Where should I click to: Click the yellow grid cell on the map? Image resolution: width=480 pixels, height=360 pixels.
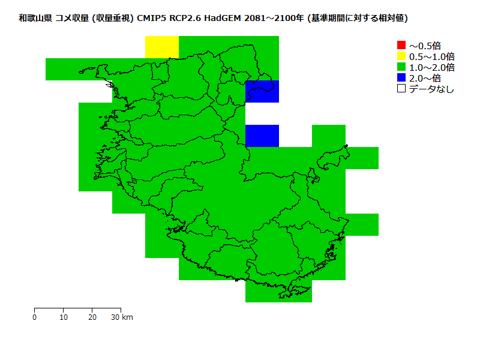162,47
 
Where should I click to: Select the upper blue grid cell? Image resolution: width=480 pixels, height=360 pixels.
262,91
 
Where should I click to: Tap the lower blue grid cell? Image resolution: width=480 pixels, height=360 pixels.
262,136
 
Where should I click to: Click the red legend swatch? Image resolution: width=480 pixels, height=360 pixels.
401,46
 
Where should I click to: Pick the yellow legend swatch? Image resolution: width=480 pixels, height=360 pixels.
401,56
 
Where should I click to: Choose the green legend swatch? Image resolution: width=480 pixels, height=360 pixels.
401,67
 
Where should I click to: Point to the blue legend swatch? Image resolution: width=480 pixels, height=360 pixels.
401,78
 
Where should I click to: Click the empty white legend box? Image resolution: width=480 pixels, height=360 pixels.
401,89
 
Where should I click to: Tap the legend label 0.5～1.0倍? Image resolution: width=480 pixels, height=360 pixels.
431,56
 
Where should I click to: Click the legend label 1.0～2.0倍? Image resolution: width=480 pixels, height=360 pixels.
431,67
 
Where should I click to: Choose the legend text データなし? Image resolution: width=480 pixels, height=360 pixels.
431,89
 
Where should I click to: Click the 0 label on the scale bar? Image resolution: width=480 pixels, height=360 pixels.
35,317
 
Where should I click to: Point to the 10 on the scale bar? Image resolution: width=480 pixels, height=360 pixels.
64,317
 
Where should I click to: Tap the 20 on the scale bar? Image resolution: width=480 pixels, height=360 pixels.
92,317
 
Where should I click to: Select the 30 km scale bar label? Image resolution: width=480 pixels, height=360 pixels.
122,317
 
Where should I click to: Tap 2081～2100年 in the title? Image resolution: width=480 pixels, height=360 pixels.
273,19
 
